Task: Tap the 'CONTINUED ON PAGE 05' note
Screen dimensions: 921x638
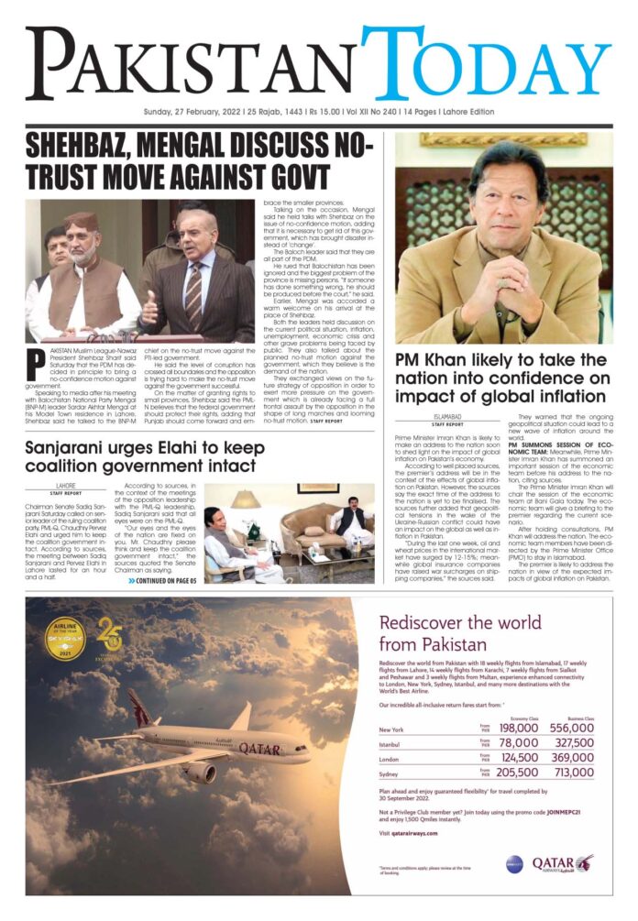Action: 162,580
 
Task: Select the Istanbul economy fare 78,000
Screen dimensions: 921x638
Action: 519,743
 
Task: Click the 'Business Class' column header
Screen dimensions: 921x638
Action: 577,718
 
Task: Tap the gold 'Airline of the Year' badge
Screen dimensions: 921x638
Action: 65,638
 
